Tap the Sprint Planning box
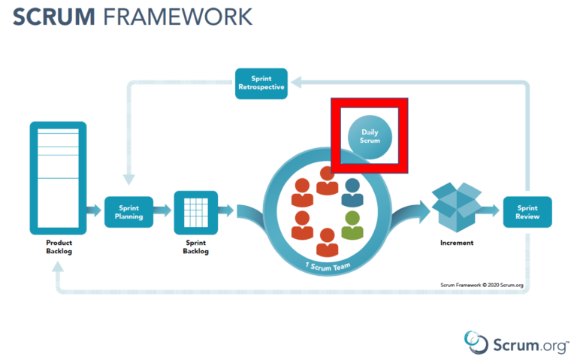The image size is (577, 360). (128, 211)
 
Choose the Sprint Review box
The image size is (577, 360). (527, 212)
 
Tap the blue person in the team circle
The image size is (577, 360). (352, 192)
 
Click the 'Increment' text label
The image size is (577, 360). (456, 243)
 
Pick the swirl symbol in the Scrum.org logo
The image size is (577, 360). (476, 340)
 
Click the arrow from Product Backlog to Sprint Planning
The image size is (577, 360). (95, 211)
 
